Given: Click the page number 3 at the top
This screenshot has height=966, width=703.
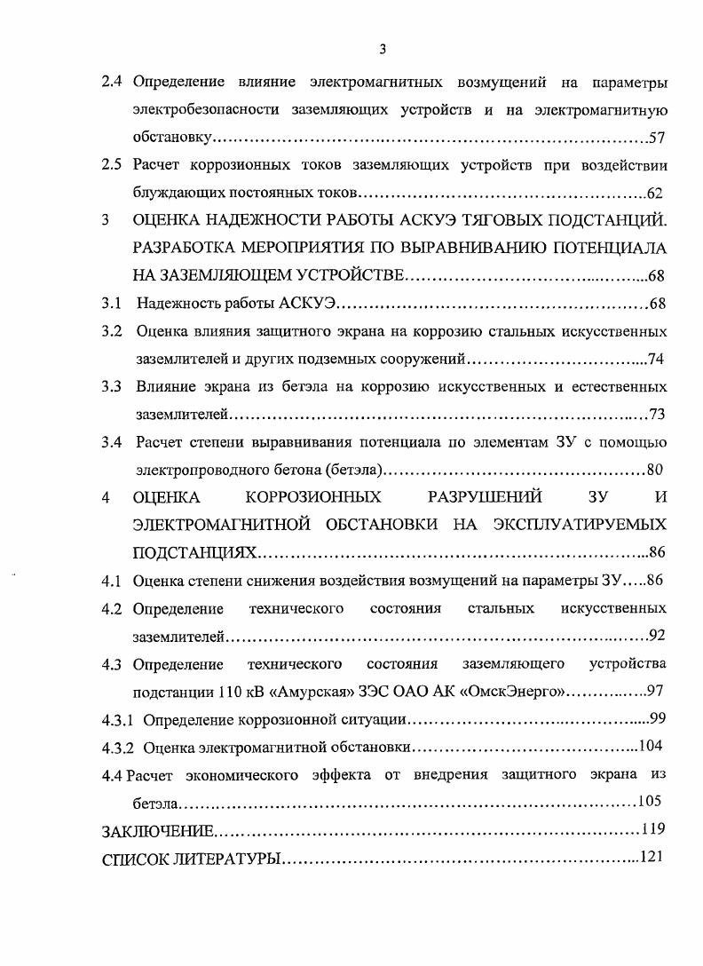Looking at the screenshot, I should pyautogui.click(x=382, y=49).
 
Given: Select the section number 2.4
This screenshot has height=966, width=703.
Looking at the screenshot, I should pyautogui.click(x=112, y=83).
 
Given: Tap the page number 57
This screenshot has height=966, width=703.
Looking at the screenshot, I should pyautogui.click(x=657, y=139).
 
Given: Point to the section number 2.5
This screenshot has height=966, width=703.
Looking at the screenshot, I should pyautogui.click(x=112, y=166).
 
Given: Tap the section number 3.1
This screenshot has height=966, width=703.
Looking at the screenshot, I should pyautogui.click(x=112, y=305).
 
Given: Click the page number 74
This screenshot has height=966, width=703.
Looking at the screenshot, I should pyautogui.click(x=657, y=360).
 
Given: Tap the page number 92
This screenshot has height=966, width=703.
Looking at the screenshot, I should pyautogui.click(x=657, y=636).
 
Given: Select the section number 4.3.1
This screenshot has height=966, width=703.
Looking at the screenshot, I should pyautogui.click(x=118, y=719).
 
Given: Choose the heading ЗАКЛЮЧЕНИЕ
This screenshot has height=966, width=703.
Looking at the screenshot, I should pyautogui.click(x=158, y=831).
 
